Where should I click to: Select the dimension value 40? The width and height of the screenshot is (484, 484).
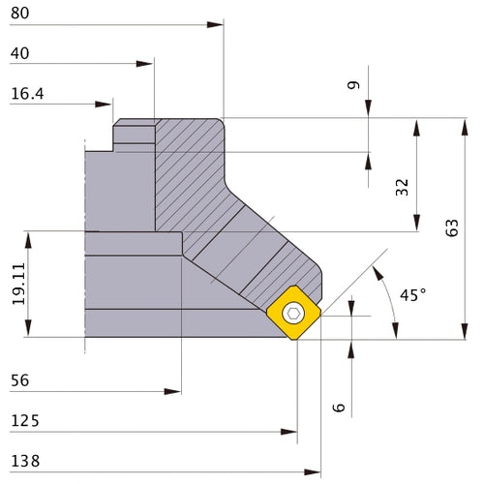(20, 54)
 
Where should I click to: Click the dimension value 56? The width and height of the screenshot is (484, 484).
(20, 380)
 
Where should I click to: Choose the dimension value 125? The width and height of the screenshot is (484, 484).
(24, 421)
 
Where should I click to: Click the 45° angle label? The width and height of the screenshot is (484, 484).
(412, 294)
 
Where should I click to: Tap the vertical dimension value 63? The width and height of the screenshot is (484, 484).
(451, 227)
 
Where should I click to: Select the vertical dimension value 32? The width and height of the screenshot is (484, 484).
(403, 187)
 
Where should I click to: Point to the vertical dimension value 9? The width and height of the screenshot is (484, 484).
(354, 86)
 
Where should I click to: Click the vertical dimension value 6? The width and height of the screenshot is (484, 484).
(338, 407)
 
